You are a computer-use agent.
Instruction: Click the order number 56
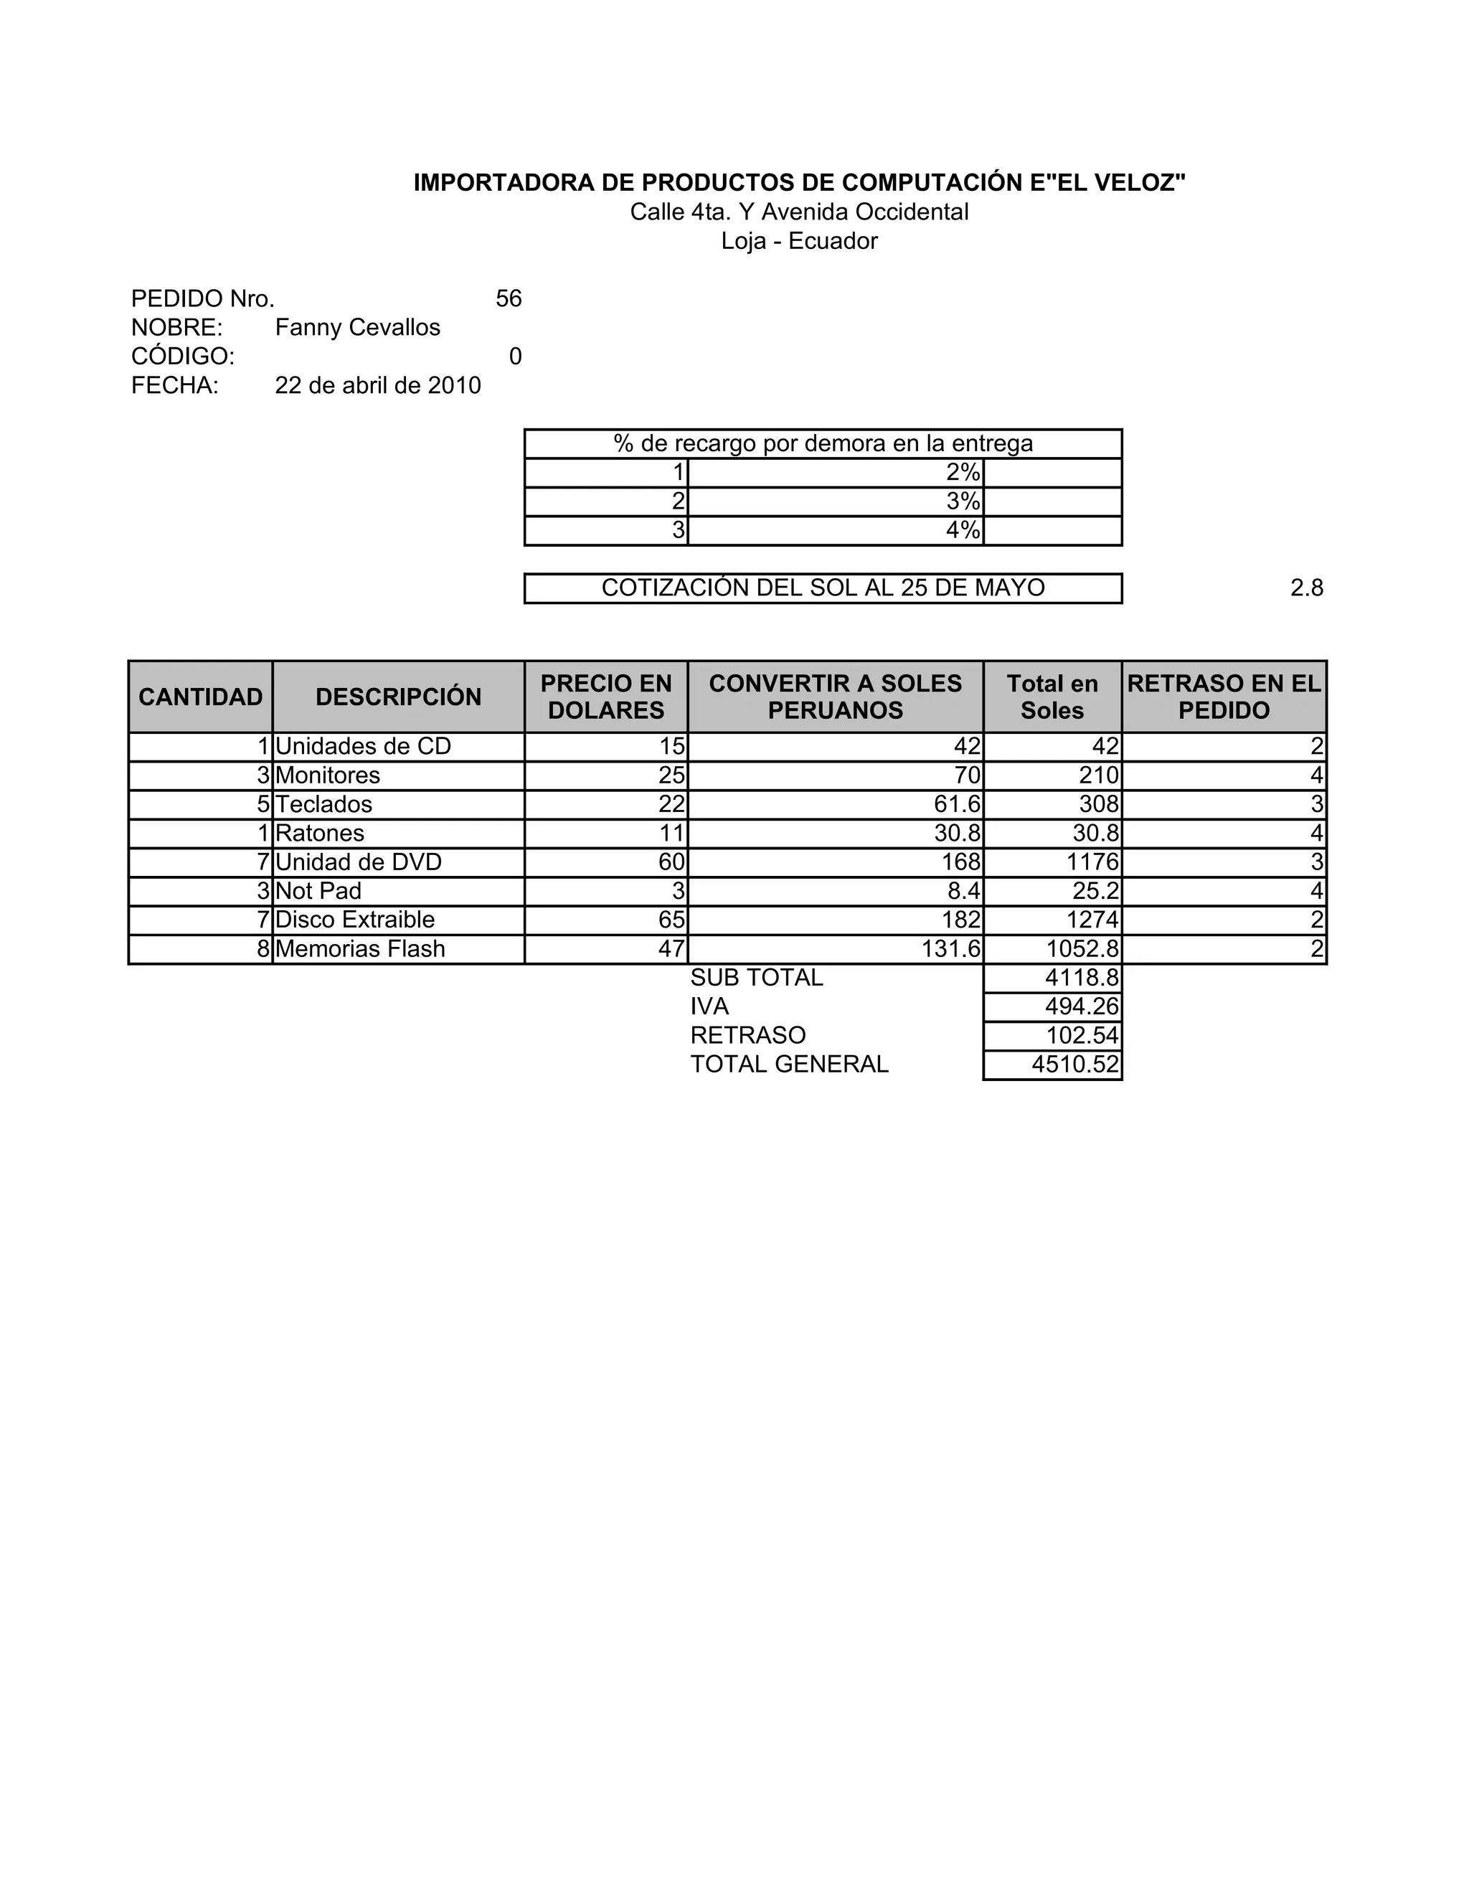(509, 298)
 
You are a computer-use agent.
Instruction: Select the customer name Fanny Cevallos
(358, 327)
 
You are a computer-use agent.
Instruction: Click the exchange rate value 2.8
(1306, 588)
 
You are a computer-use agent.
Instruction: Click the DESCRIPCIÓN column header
(399, 697)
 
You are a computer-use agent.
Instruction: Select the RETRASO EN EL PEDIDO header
(1224, 697)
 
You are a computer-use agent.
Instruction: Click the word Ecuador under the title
(833, 241)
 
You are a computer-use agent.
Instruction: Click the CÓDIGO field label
(183, 356)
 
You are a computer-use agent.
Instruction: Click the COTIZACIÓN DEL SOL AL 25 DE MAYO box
(823, 588)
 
